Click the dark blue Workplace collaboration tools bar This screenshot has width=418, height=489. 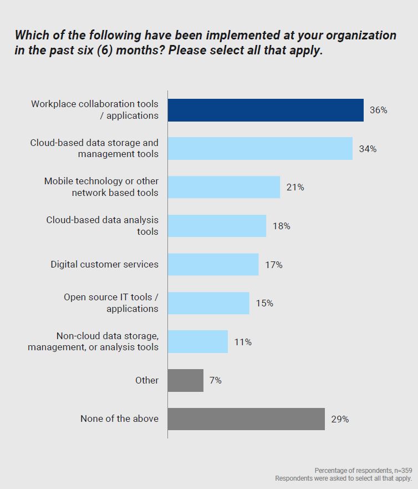266,110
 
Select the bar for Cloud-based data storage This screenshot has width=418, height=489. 260,148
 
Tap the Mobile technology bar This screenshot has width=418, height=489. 224,187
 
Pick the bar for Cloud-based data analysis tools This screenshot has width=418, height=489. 217,226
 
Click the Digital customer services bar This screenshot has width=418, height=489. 213,264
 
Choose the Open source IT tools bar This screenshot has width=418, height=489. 208,303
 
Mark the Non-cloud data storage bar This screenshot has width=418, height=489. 198,342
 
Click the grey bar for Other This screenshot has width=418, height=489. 186,380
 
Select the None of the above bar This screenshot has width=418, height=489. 246,419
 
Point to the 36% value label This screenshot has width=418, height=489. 378,110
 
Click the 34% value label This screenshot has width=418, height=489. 368,149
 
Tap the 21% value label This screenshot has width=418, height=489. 295,187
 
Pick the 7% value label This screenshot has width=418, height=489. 215,380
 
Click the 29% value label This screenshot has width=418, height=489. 340,419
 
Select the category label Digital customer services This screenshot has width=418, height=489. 104,264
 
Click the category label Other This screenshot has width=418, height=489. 147,380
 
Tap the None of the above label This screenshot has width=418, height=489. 119,419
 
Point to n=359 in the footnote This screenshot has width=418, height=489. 400,470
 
